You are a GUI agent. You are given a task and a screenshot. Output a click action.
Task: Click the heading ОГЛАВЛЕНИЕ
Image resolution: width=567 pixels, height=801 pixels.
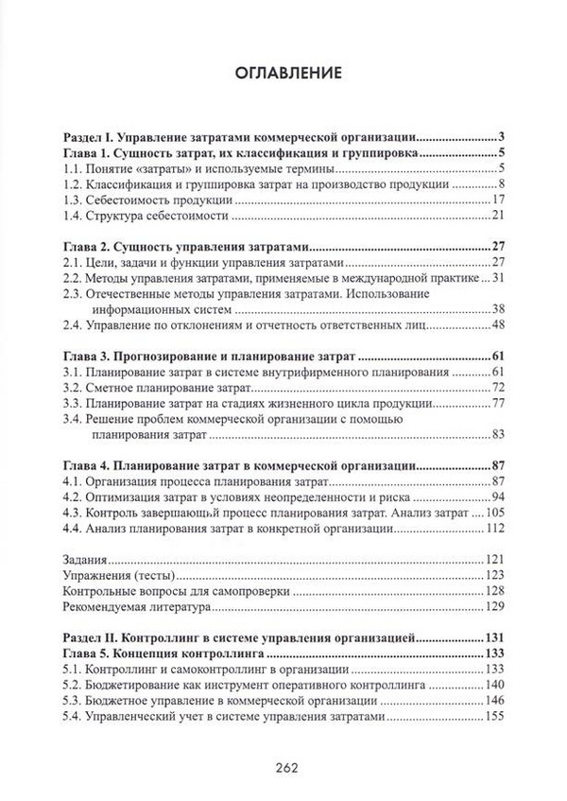click(283, 72)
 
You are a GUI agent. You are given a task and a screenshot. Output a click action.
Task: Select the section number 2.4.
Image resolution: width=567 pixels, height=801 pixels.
click(71, 325)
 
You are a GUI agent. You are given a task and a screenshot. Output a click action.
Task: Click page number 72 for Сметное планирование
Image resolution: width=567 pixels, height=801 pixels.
click(501, 389)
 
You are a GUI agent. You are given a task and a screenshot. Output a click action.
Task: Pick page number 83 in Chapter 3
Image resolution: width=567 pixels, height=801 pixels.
click(501, 435)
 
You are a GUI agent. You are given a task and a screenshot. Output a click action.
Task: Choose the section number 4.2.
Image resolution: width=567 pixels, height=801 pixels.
click(71, 498)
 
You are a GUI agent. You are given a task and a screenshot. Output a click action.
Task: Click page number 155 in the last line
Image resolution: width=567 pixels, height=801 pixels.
click(497, 718)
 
